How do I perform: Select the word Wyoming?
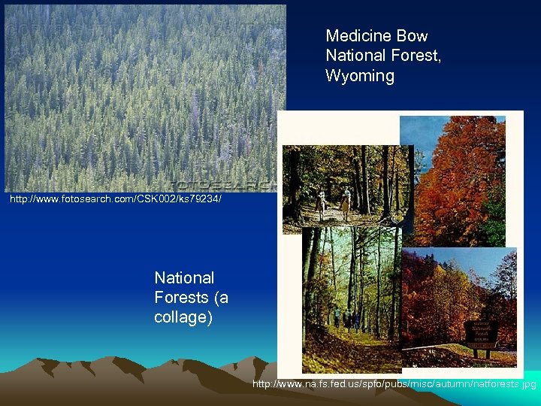pos(360,76)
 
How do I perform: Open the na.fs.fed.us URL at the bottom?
pos(394,384)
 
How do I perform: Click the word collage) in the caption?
pos(183,317)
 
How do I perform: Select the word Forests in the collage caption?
pos(180,298)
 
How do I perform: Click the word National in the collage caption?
pos(184,278)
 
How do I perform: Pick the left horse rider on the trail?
pos(322,201)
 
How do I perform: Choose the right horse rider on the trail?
pos(345,201)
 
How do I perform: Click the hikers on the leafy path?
pos(347,319)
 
